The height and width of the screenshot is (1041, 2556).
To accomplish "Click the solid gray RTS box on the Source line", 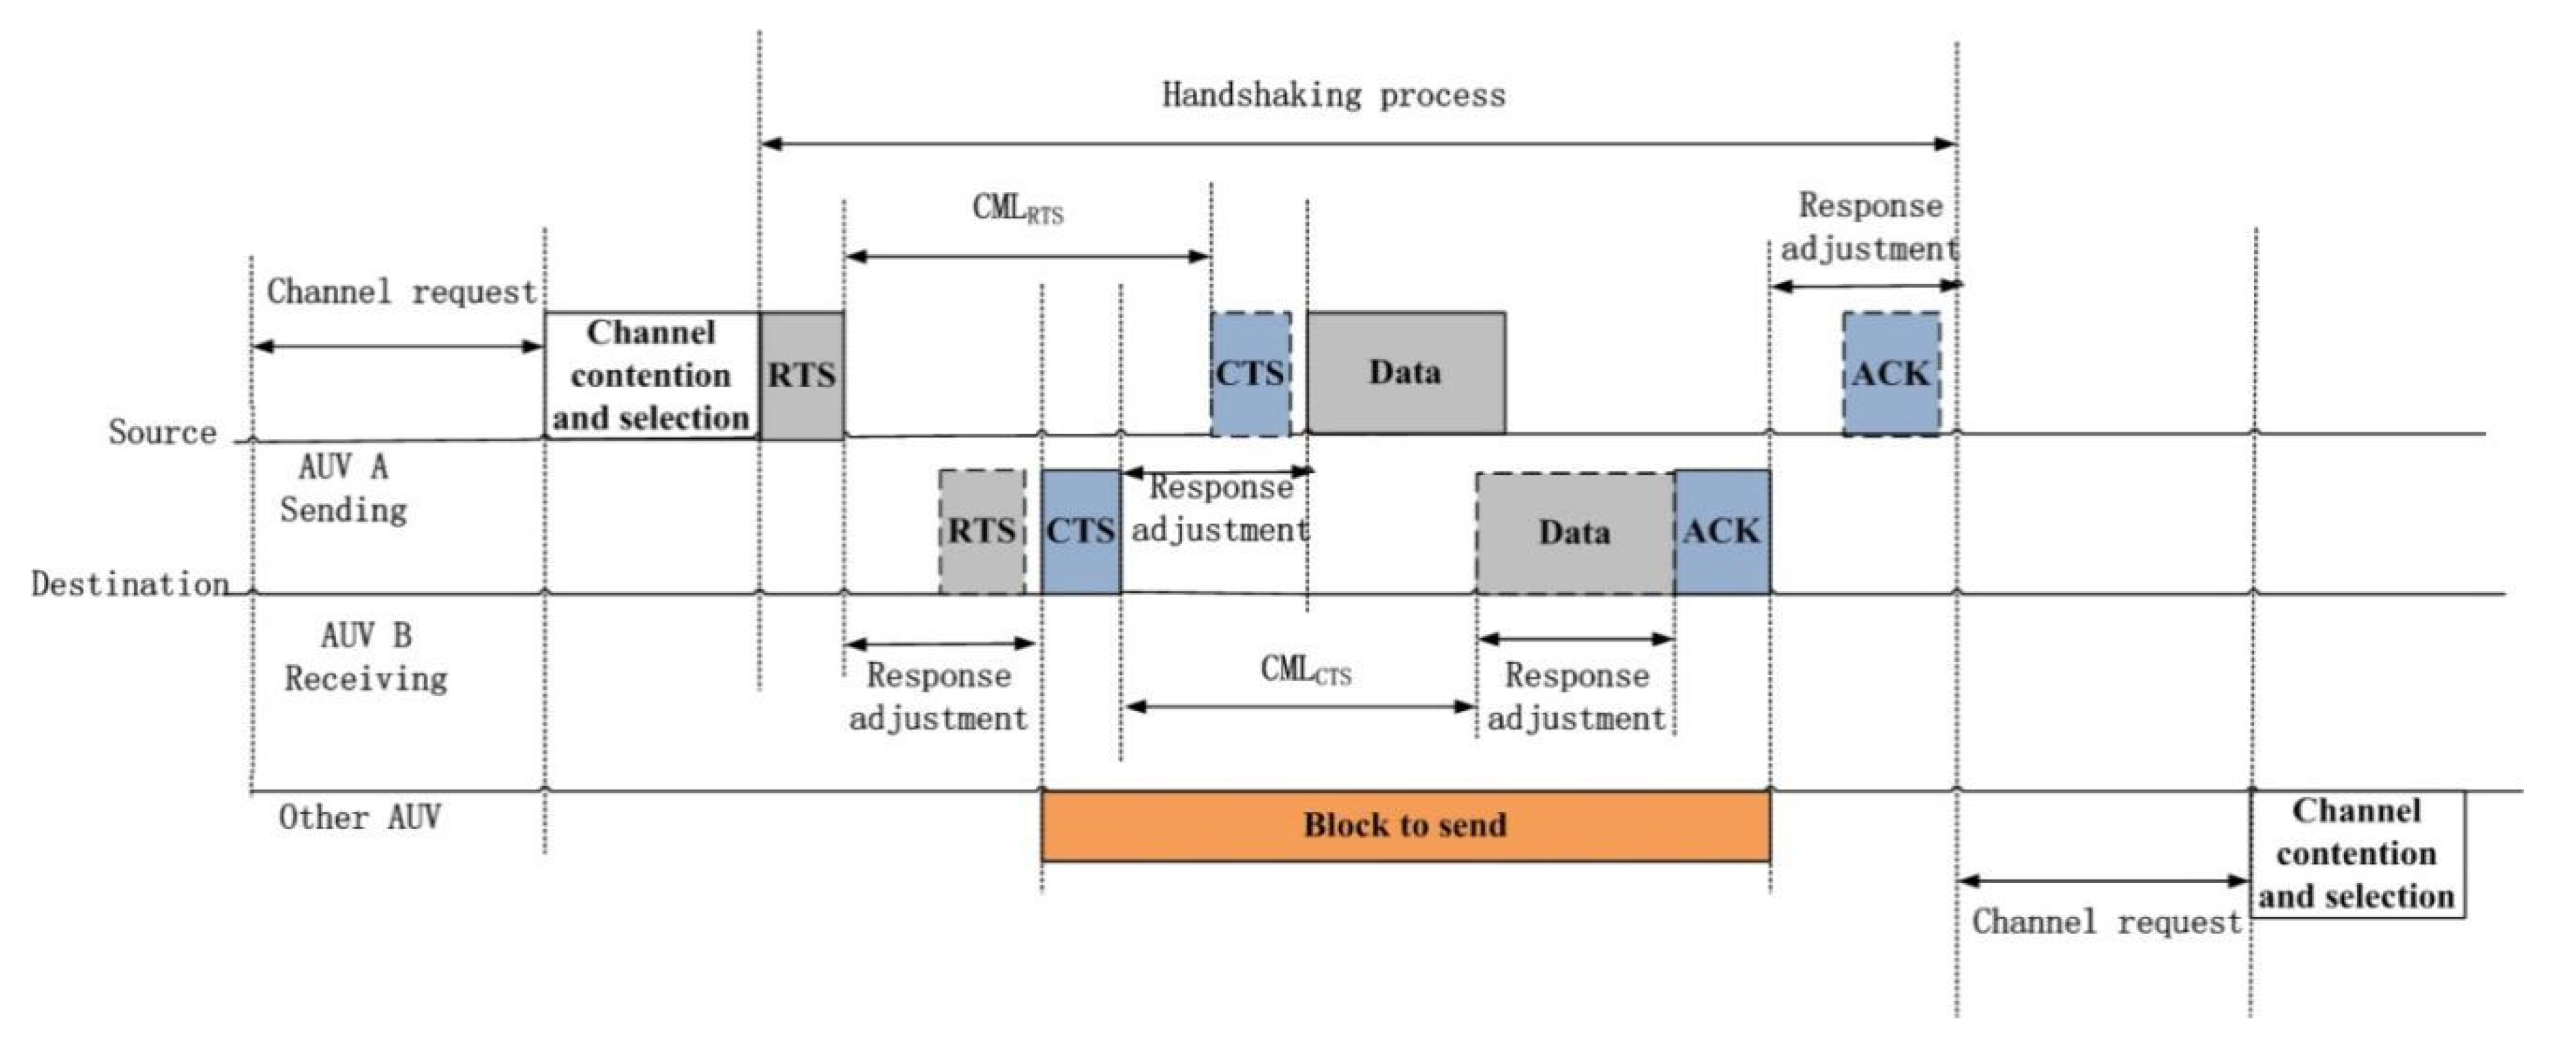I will (802, 375).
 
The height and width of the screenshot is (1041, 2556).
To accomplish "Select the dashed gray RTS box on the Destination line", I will (982, 532).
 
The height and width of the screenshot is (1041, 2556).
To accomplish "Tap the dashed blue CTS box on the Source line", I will (1250, 374).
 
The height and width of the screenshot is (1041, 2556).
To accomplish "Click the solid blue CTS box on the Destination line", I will (1080, 532).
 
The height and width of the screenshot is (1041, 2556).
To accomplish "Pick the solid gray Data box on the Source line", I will (1405, 373).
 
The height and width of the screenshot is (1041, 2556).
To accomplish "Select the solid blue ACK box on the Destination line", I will (1722, 532).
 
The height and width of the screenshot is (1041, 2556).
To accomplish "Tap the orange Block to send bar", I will (1405, 826).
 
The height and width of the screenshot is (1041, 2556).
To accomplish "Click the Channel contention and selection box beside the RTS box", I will (651, 375).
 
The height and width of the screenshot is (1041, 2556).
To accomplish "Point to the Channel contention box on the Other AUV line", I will (2356, 854).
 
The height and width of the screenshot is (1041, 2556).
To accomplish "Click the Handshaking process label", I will (1333, 95).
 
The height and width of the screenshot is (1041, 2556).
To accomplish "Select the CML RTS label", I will (1017, 209).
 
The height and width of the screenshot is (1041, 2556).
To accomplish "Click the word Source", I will (163, 433).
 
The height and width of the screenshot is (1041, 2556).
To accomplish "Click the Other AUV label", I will (359, 818).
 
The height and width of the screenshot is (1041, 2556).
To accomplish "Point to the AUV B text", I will (366, 635).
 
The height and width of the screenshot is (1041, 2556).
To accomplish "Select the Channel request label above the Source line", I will (401, 292).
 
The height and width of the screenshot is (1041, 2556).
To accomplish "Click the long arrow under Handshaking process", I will (1358, 145).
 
